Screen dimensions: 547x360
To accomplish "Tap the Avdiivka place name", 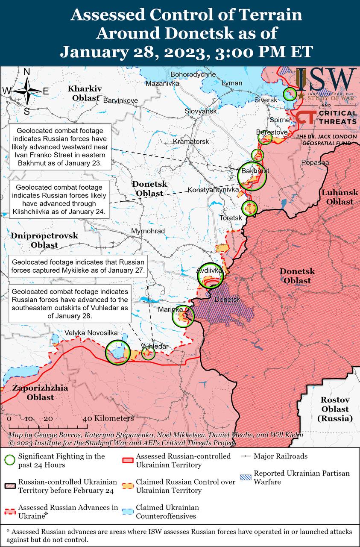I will click(x=209, y=271).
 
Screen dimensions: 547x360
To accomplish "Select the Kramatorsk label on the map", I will click(x=191, y=141).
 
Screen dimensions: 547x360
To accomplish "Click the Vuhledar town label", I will click(x=155, y=346).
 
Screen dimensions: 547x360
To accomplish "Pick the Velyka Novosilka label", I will click(x=91, y=333).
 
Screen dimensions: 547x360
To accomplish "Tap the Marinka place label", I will click(x=170, y=309).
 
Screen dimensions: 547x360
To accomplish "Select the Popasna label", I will click(x=315, y=162).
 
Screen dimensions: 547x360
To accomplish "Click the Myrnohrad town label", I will click(x=148, y=231).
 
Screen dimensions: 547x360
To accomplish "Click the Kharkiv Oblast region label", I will click(x=85, y=93).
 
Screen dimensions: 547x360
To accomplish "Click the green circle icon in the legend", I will click(x=9, y=460).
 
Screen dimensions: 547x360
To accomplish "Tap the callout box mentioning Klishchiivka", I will click(x=59, y=199).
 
